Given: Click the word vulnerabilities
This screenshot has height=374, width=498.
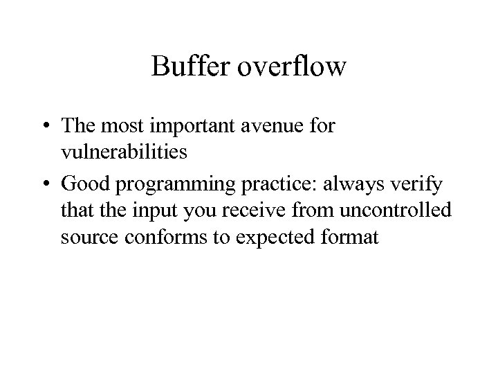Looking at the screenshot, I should (x=123, y=152).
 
